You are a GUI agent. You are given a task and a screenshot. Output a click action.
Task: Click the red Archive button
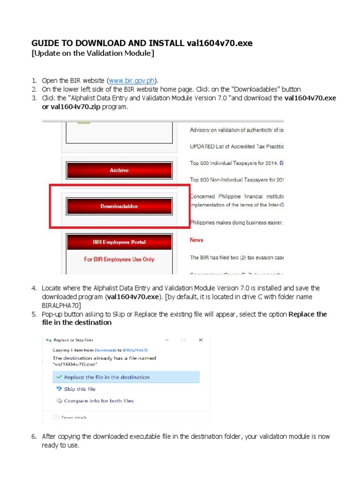click(x=119, y=171)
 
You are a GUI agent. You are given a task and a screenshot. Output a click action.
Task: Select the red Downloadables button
click(x=119, y=206)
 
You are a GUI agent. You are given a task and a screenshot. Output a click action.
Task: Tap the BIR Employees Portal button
click(x=119, y=242)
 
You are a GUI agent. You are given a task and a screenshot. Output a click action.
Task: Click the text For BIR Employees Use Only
click(x=119, y=259)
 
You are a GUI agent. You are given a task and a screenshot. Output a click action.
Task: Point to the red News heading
click(x=196, y=240)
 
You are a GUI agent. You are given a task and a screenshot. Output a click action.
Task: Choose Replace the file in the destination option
click(x=106, y=377)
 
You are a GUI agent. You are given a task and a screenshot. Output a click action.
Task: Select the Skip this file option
click(x=79, y=389)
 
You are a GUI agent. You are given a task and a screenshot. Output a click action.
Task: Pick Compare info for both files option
click(x=98, y=401)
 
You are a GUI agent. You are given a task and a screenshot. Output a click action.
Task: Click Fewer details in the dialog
click(x=74, y=417)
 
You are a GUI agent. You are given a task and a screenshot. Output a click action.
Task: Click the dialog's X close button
click(x=201, y=340)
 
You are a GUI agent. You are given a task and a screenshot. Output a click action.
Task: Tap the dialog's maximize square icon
click(x=184, y=340)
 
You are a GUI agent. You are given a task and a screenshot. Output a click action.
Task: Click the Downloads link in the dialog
click(x=105, y=350)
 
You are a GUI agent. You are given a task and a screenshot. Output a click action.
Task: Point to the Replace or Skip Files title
click(x=74, y=340)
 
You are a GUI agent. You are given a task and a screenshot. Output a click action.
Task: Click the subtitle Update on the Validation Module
click(x=92, y=53)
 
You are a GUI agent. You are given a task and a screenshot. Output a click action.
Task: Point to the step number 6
click(x=34, y=436)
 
